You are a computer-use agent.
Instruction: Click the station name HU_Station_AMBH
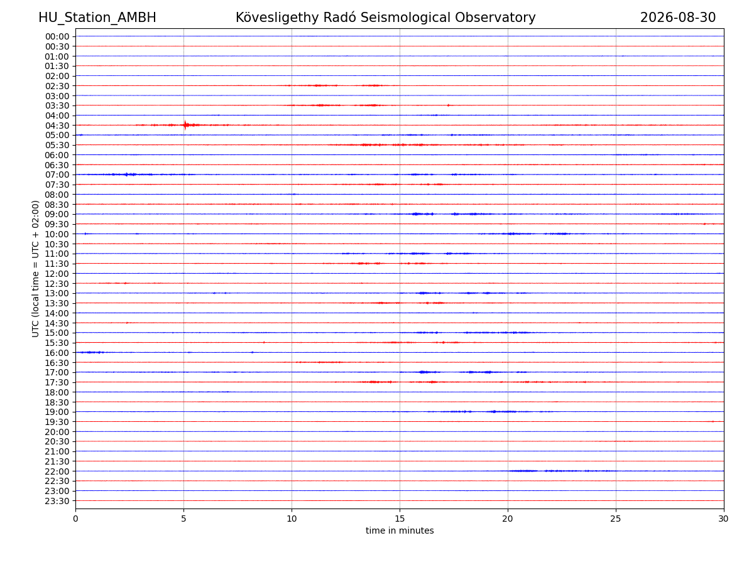(97, 18)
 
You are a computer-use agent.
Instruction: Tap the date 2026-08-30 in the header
(678, 18)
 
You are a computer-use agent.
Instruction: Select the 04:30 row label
(57, 126)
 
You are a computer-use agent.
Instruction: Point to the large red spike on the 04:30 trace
(185, 125)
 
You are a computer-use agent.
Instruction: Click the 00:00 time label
(57, 36)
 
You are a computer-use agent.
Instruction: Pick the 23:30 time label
(57, 501)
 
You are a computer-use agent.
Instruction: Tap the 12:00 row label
(57, 274)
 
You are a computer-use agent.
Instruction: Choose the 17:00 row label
(57, 372)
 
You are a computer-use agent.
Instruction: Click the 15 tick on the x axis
(400, 519)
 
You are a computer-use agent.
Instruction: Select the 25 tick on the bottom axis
(616, 519)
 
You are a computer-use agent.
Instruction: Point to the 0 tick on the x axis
(75, 519)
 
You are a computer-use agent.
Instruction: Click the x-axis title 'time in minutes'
(400, 530)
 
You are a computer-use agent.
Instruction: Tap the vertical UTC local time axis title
(35, 269)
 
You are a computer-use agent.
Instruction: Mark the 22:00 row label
(57, 471)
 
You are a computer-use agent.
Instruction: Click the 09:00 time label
(57, 215)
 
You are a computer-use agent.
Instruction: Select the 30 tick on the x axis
(723, 519)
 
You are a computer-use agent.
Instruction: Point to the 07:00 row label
(57, 175)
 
